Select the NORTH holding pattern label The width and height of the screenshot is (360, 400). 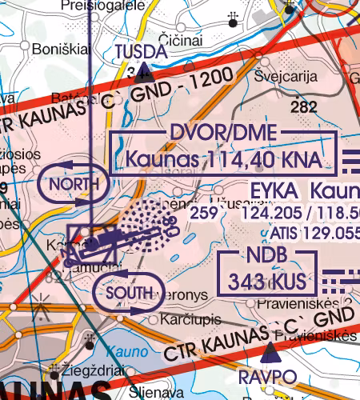pyautogui.click(x=73, y=185)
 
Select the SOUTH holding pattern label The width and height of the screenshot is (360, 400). pyautogui.click(x=128, y=293)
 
